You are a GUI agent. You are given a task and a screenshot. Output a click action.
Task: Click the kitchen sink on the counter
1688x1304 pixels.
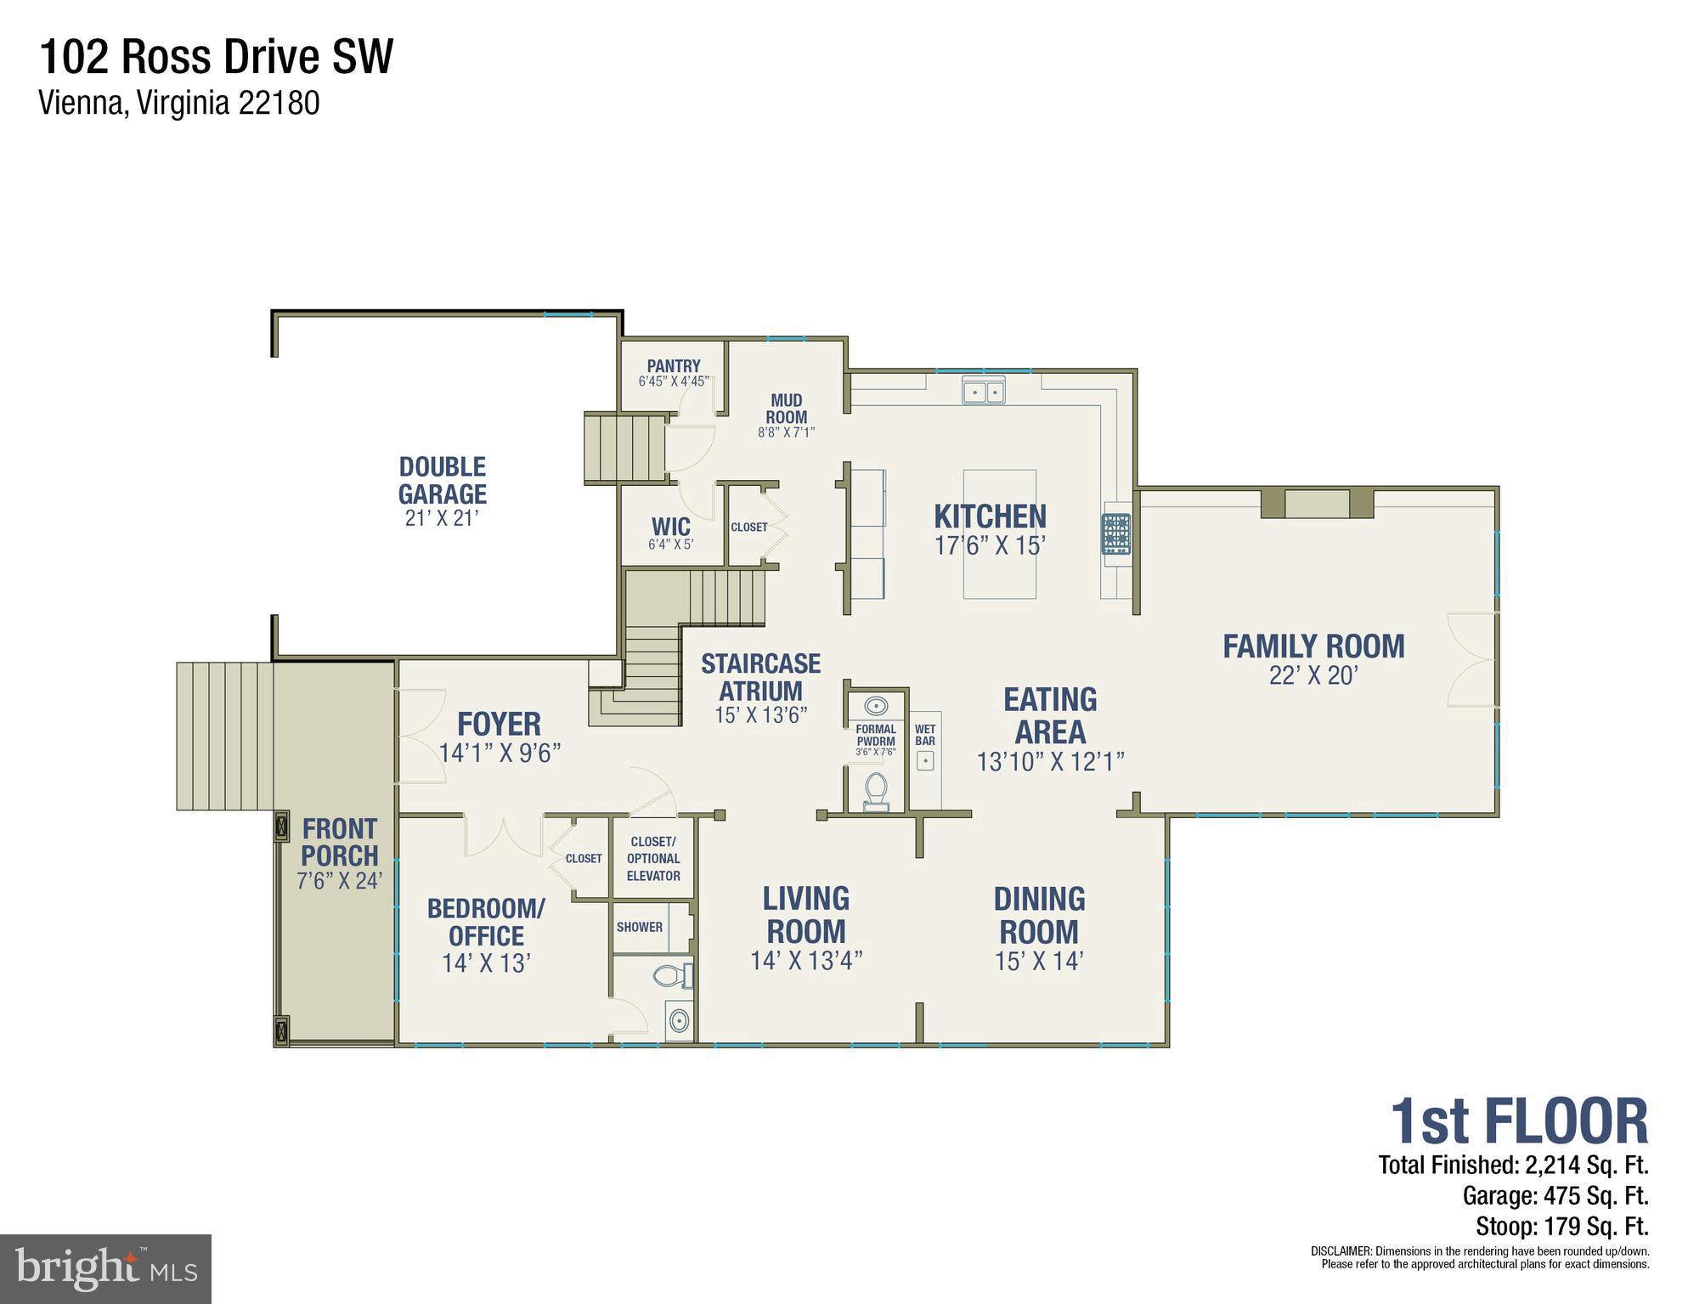click(x=983, y=392)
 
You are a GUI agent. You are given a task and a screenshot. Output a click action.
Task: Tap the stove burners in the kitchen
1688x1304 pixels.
click(x=1116, y=533)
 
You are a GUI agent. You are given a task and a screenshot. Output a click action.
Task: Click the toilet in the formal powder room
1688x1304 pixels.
click(x=875, y=791)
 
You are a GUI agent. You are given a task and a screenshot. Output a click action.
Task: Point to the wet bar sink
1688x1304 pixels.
click(x=925, y=760)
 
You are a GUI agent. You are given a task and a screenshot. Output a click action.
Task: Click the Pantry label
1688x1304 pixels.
click(x=674, y=366)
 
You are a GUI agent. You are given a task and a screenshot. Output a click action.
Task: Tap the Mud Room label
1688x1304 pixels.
click(x=786, y=409)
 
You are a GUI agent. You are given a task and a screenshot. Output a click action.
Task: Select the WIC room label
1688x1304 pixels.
click(x=670, y=526)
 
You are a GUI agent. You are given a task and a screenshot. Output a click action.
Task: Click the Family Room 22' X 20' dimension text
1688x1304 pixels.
click(x=1313, y=676)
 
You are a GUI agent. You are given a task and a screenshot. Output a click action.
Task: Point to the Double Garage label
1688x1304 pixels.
click(x=442, y=480)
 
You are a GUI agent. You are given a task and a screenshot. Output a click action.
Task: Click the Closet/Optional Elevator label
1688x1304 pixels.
click(x=652, y=858)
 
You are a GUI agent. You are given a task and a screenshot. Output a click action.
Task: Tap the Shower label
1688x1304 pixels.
click(x=639, y=927)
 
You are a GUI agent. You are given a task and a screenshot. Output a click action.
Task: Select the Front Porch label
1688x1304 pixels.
click(x=339, y=842)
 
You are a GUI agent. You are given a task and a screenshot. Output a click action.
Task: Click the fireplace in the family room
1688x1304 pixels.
click(x=1316, y=503)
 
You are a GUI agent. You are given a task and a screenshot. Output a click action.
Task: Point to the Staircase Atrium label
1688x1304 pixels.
click(x=760, y=677)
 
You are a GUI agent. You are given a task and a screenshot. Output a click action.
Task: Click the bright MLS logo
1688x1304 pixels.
click(x=105, y=1268)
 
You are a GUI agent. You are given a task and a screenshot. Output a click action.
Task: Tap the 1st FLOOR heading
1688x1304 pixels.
click(x=1518, y=1122)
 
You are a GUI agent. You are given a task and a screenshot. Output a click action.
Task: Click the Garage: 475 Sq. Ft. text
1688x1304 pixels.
click(x=1555, y=1196)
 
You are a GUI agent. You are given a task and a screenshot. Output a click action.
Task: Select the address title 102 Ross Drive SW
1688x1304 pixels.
click(x=217, y=58)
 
